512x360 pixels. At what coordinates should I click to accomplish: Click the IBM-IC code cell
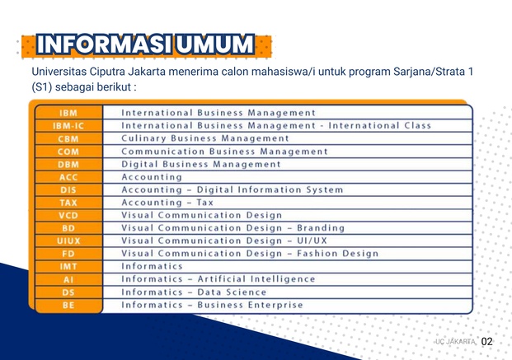click(68, 126)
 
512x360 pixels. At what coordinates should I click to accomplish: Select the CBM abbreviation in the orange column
click(68, 138)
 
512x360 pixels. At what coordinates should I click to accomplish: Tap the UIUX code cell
click(68, 241)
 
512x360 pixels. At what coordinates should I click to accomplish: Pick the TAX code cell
click(68, 203)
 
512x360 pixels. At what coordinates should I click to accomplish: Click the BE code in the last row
click(68, 305)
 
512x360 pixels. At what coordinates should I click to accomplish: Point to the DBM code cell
click(68, 165)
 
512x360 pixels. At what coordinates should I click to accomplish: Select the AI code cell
click(68, 280)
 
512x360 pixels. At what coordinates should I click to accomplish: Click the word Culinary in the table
click(143, 138)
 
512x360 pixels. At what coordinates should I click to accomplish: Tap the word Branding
click(321, 228)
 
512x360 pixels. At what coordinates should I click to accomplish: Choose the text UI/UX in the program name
click(312, 241)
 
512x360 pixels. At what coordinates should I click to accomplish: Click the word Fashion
click(317, 254)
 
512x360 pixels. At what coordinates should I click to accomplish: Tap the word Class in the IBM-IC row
click(418, 126)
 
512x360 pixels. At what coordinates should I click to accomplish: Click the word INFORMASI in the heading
click(104, 44)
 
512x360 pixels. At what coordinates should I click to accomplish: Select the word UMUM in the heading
click(215, 44)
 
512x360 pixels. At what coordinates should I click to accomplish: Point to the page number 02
click(486, 341)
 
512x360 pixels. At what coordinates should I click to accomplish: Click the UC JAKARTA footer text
click(455, 342)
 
